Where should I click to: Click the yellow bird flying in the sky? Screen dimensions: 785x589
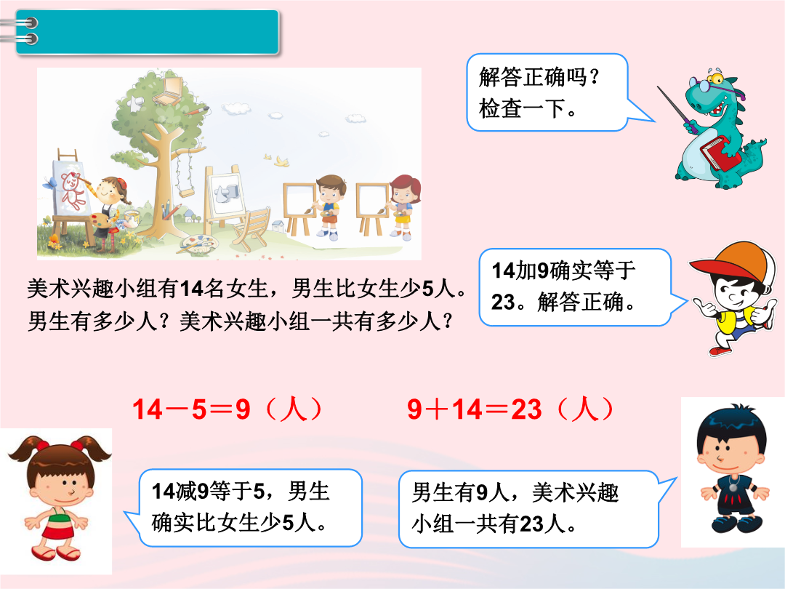pyautogui.click(x=282, y=161)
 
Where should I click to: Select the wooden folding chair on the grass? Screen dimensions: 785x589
pyautogui.click(x=252, y=227)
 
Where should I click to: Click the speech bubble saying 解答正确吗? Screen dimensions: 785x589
pyautogui.click(x=547, y=92)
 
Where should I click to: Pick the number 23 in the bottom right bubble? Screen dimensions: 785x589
pyautogui.click(x=531, y=524)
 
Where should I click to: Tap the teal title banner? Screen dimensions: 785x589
pyautogui.click(x=147, y=31)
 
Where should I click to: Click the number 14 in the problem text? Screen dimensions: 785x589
pyautogui.click(x=190, y=289)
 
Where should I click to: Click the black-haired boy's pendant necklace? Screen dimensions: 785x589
pyautogui.click(x=733, y=485)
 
